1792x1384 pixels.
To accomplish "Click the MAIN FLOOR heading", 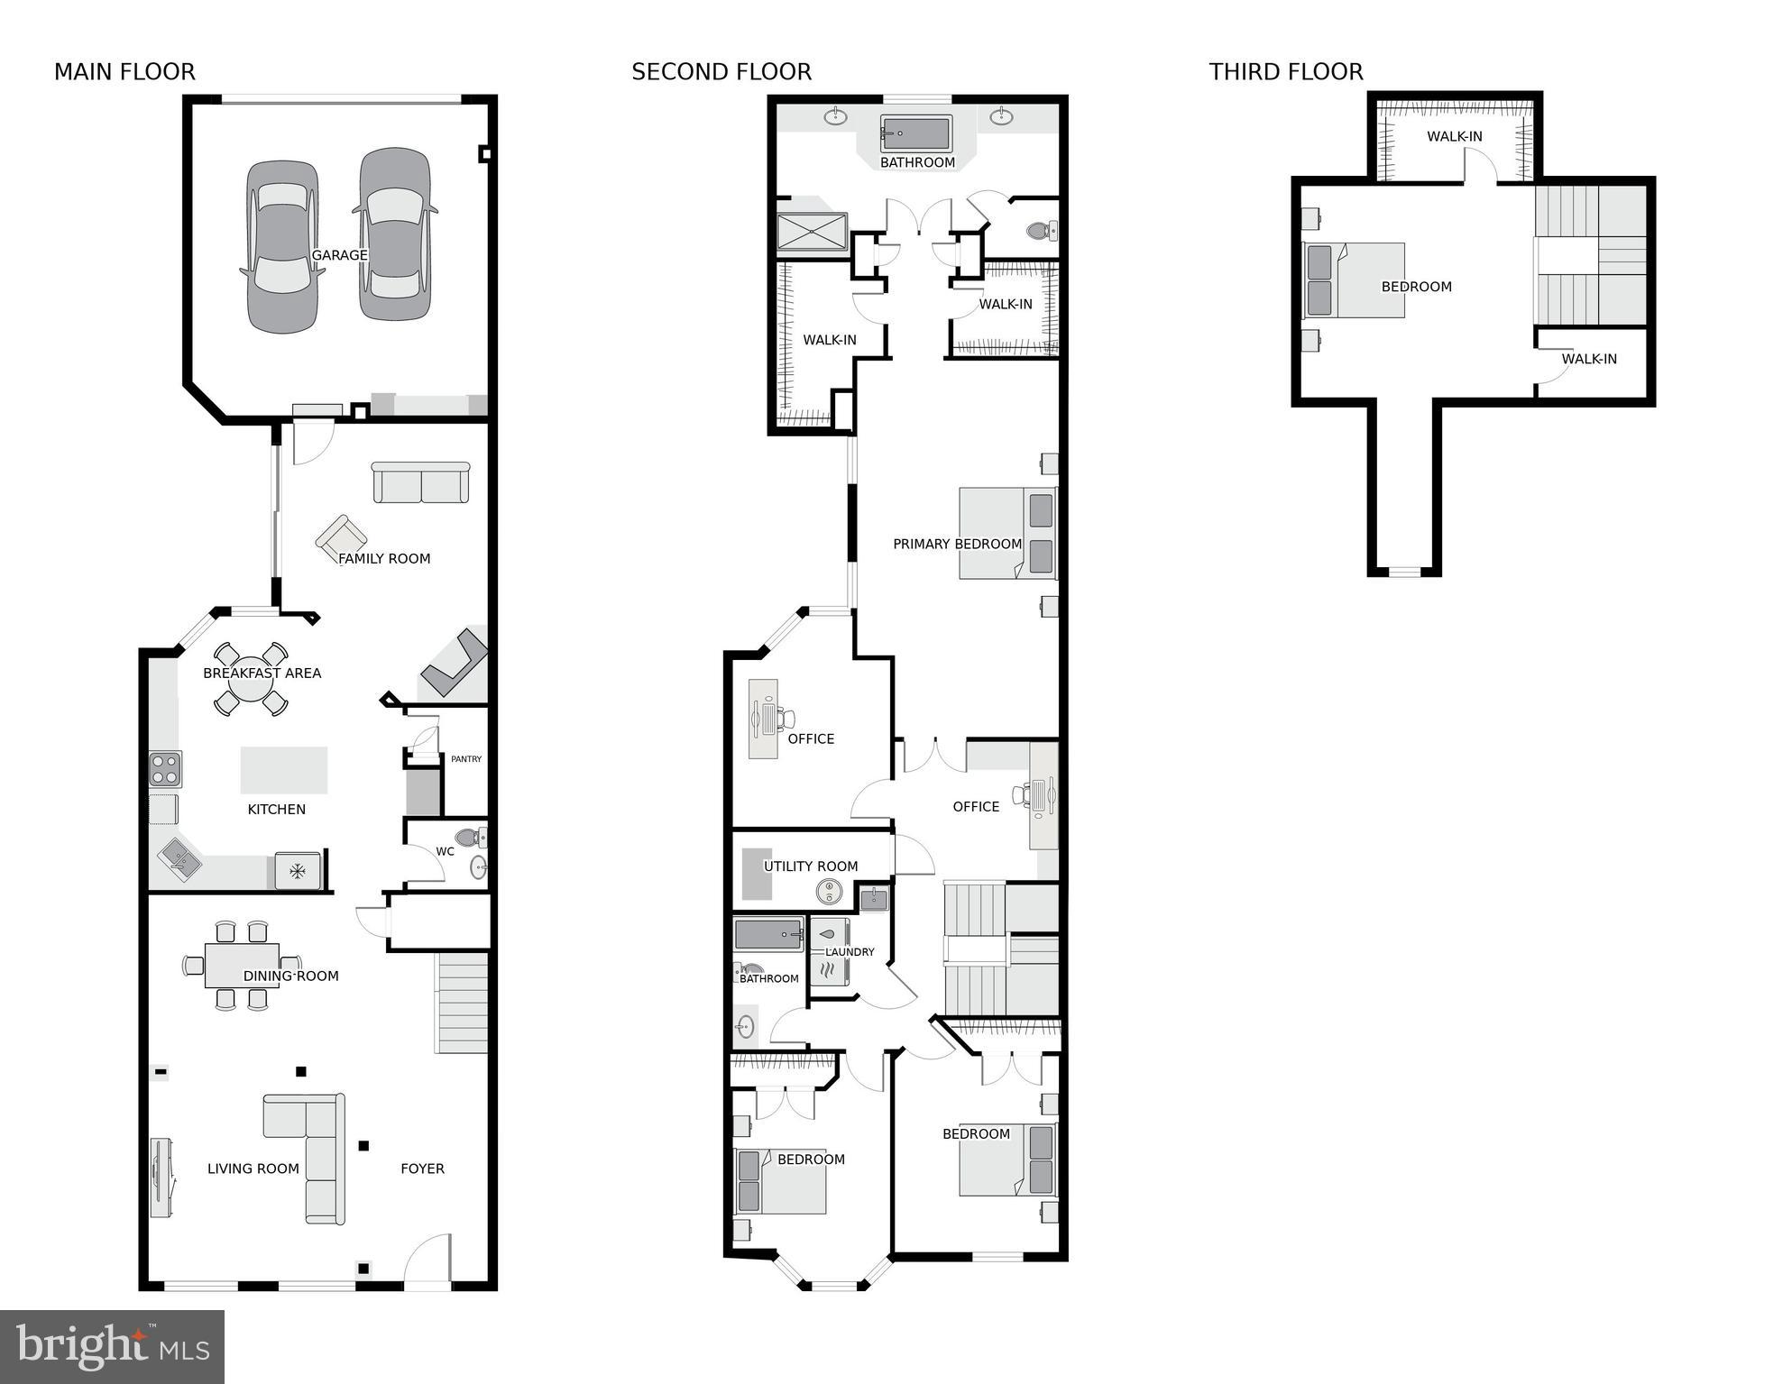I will click(x=124, y=72).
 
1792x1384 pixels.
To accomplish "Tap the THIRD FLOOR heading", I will click(x=1285, y=72).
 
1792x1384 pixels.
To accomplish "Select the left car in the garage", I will click(x=282, y=246).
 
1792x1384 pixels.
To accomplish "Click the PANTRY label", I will click(x=466, y=759).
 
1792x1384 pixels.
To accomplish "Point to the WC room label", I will click(x=445, y=851).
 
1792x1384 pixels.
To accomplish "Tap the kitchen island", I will click(x=283, y=770).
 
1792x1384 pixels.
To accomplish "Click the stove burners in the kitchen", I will click(x=165, y=769).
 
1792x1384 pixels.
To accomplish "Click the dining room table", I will click(x=241, y=965).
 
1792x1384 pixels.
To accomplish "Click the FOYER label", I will click(x=422, y=1169).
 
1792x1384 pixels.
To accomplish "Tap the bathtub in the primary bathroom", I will click(x=916, y=134).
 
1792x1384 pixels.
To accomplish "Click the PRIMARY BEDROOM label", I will click(x=957, y=544).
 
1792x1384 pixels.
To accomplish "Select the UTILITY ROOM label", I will click(x=810, y=866).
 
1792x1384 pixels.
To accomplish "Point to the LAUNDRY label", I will click(x=850, y=952).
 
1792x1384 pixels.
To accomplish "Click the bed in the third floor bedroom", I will click(x=1355, y=280).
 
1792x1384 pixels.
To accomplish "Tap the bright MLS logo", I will click(x=112, y=1346).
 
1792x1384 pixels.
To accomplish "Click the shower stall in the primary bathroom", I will click(x=812, y=232).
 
